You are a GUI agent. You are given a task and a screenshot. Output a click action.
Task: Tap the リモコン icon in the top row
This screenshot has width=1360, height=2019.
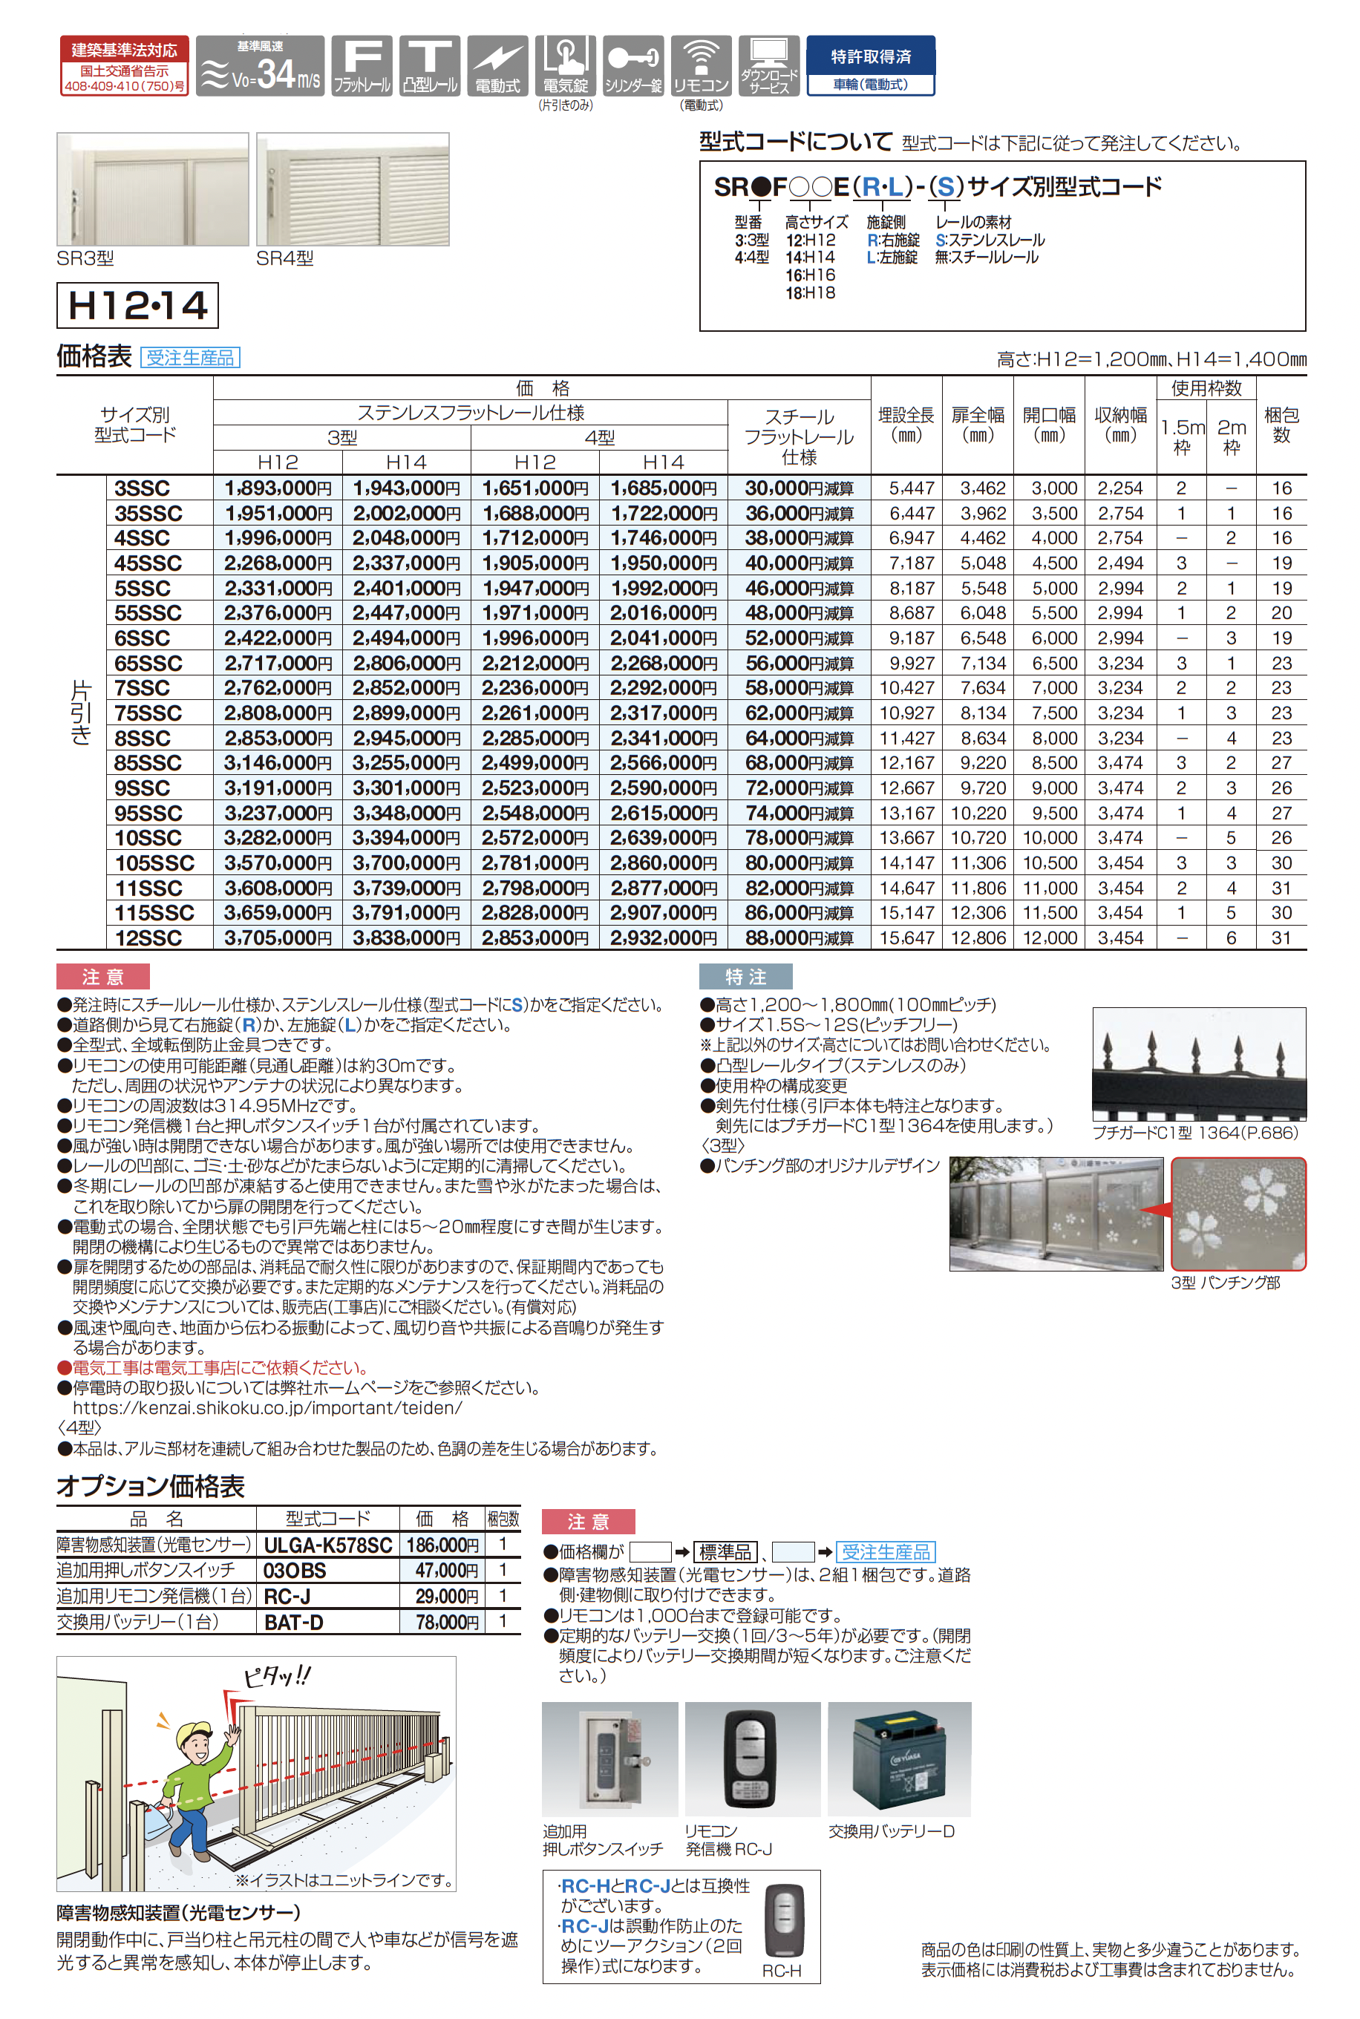tap(701, 66)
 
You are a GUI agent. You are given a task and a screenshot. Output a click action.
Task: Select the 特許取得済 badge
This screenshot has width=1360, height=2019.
tap(870, 65)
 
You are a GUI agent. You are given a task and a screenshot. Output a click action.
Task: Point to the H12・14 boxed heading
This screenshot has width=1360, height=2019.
tap(137, 305)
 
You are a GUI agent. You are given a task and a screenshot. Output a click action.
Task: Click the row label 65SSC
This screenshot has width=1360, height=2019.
tap(148, 664)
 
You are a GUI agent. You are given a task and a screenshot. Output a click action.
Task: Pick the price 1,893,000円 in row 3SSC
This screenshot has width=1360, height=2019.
tap(278, 488)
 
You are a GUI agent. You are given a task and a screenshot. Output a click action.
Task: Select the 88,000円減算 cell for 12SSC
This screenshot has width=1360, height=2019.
tap(799, 938)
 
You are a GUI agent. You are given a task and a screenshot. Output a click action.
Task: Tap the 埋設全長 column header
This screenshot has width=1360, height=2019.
tap(906, 425)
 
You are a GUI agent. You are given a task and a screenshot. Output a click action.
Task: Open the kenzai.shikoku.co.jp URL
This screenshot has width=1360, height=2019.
tap(267, 1407)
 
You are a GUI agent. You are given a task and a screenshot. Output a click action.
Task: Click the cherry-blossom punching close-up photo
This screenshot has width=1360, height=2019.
tap(1238, 1214)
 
